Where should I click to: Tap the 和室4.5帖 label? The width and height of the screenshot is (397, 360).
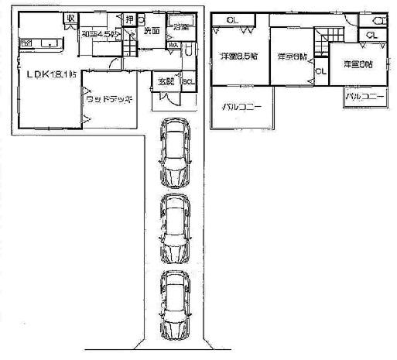(x=99, y=35)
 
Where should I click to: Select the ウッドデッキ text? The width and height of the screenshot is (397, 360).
(x=108, y=100)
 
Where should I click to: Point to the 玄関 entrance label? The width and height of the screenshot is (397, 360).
(x=166, y=81)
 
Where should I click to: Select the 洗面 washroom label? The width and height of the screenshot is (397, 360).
(x=151, y=32)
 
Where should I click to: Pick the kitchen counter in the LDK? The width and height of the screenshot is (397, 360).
(x=39, y=42)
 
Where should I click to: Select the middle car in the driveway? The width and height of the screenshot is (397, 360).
(x=176, y=227)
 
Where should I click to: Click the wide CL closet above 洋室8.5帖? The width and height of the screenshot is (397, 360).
(x=232, y=20)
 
